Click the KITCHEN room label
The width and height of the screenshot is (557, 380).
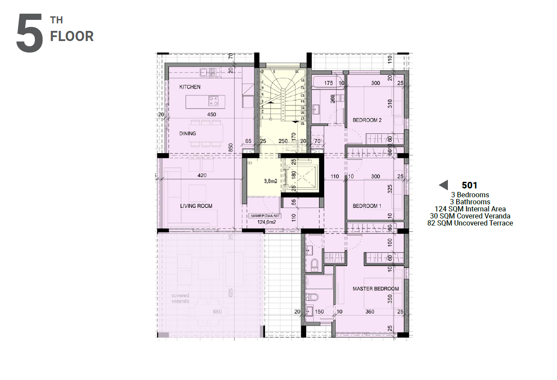coord(189,87)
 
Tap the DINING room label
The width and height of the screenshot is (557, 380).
coord(187,133)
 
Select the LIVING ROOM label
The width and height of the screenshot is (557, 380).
coord(196,206)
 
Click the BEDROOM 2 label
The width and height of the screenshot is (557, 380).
coord(367,120)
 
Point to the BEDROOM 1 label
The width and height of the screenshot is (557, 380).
coord(367,206)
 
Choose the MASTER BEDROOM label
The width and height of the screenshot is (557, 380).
coord(375,289)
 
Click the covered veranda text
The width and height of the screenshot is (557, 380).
coord(180,298)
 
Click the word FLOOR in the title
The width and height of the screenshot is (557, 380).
coord(72,37)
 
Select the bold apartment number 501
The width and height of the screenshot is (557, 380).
coord(469,185)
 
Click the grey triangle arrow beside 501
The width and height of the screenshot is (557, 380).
coord(443,185)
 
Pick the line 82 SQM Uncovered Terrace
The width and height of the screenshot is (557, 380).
coord(470,223)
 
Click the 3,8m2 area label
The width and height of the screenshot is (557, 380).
coord(270,181)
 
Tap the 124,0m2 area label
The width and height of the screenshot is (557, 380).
coord(266,222)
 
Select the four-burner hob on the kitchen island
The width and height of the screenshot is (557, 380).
coord(213,101)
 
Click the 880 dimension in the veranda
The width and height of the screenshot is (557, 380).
coord(217,312)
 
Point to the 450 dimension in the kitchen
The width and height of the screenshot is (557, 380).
coord(212,114)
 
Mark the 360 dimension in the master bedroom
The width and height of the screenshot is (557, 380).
coord(370,312)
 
